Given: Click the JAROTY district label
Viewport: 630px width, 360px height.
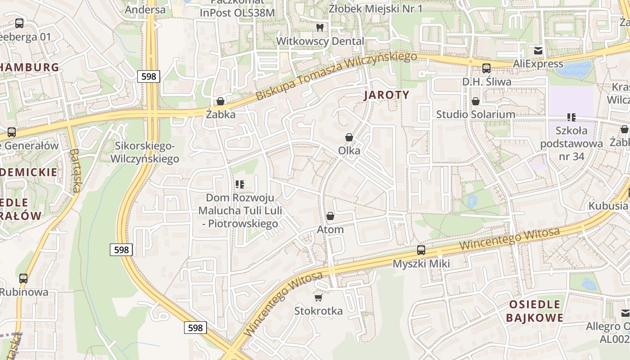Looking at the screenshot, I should point(387,95).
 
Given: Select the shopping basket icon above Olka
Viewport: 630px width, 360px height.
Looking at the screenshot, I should point(349,137).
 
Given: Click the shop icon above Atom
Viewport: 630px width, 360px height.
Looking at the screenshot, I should point(330,216).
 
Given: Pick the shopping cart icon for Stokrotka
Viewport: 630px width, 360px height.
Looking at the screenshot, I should point(319,297).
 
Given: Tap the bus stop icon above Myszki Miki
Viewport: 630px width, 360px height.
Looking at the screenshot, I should point(421,250).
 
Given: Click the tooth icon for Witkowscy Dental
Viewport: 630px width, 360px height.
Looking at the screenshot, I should point(320,27).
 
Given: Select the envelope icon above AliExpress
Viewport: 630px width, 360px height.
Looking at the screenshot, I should point(538,50).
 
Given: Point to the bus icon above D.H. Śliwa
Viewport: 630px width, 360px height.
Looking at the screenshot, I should point(486,68).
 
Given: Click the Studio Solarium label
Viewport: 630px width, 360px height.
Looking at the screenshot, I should point(476,114).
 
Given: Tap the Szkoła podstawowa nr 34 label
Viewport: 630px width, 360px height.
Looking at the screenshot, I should point(571,144).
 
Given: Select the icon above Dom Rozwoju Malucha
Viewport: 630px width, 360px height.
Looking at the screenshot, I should point(239,184).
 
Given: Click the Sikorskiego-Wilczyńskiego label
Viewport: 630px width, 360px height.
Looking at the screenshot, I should point(144,152).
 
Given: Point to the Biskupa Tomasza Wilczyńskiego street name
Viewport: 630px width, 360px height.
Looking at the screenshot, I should point(336,76).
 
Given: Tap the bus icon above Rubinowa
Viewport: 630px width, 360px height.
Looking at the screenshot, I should point(23,279).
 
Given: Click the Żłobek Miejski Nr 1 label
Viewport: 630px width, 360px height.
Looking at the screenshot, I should point(376,9).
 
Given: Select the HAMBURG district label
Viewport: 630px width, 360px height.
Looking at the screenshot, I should point(30,67).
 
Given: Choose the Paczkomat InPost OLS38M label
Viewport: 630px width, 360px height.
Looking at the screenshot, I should point(237,8).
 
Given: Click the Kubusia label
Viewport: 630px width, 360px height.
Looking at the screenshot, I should point(608,206).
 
